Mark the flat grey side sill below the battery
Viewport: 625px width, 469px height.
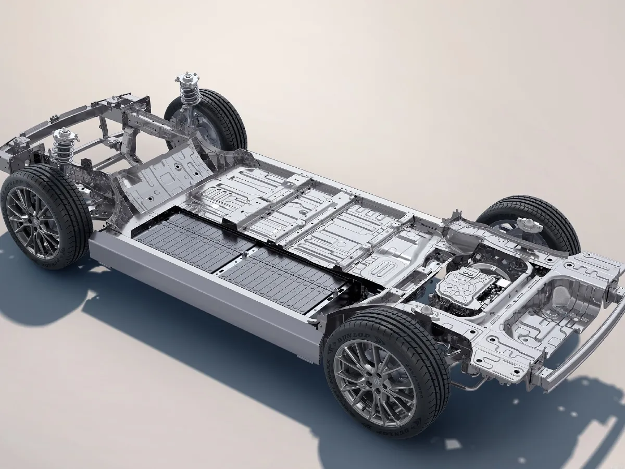click(208, 297)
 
